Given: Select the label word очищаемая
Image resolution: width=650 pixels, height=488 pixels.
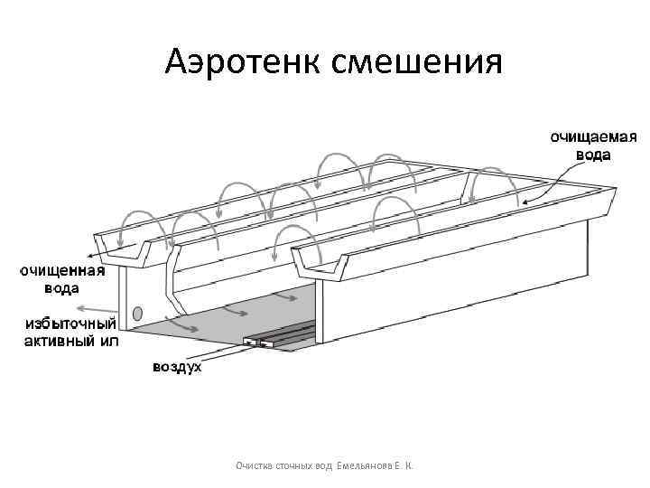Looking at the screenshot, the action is pyautogui.click(x=593, y=137).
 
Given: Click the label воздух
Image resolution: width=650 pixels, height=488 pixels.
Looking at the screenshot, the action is pyautogui.click(x=176, y=368).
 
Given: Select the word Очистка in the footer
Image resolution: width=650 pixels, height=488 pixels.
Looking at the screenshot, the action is pyautogui.click(x=257, y=465).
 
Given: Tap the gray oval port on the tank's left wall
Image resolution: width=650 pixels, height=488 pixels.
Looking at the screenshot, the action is pyautogui.click(x=137, y=314).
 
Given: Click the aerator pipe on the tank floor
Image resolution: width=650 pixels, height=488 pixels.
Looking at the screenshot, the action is pyautogui.click(x=280, y=339).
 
